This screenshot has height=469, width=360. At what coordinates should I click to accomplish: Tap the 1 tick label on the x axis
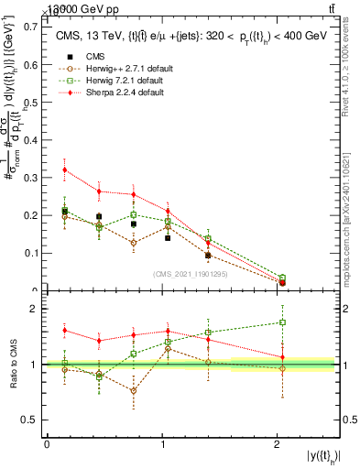pos(162,444)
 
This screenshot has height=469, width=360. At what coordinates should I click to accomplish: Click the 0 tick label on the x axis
pos(47,444)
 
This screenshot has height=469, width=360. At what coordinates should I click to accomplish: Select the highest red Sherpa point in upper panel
pos(64,169)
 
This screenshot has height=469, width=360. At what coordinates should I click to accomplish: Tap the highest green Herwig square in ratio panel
pos(282,322)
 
